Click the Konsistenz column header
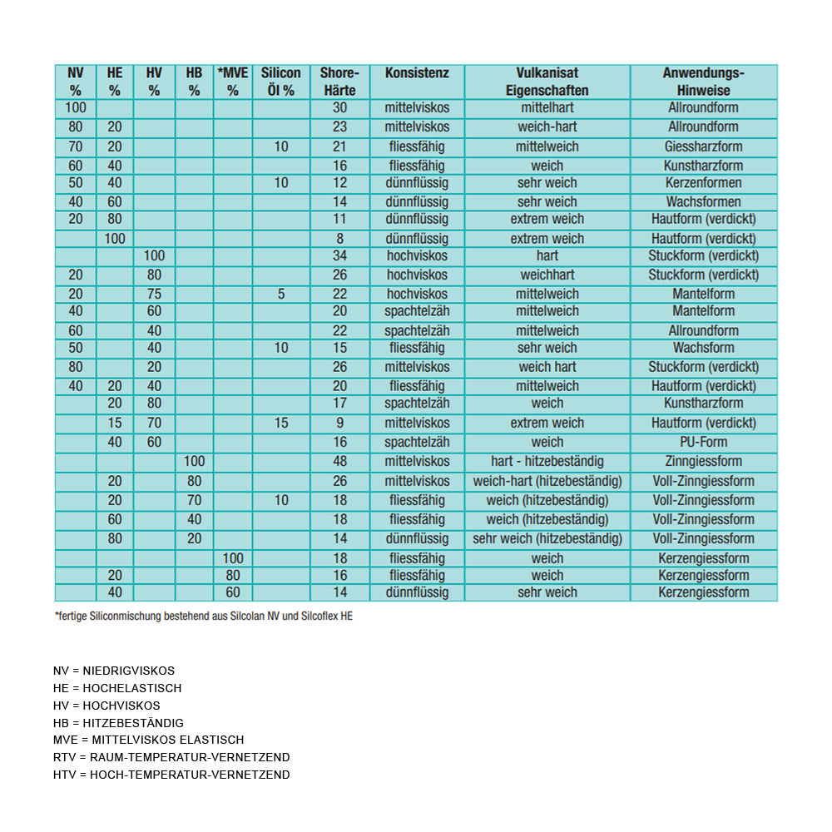point(417,73)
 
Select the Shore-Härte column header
point(339,82)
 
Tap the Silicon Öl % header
point(281,82)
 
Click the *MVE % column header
point(233,82)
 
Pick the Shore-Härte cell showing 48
point(339,462)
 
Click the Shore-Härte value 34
point(339,256)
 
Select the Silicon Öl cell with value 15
point(281,423)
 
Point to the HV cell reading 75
point(154,294)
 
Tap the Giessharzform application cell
point(703,146)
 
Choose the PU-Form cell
point(703,443)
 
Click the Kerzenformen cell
point(703,183)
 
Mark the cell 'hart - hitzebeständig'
point(547,462)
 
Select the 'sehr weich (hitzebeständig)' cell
point(547,539)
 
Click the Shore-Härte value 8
point(339,239)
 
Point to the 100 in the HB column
point(194,462)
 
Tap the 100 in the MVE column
point(233,558)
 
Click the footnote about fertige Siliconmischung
point(203,617)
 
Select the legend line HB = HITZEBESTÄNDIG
point(118,723)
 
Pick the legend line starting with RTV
point(171,757)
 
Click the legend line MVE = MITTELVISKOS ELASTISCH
point(148,740)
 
